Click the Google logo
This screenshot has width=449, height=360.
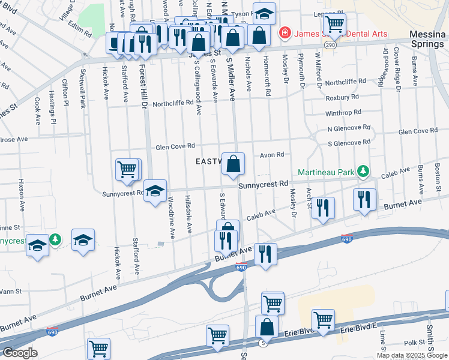19,353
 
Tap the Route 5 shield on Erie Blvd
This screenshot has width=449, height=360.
262,342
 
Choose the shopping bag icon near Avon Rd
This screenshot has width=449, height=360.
233,163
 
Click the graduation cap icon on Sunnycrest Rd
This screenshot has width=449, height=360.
155,191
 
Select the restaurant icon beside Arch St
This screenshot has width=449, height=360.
323,208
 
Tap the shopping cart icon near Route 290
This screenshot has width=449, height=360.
334,25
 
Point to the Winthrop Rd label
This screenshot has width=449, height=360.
343,112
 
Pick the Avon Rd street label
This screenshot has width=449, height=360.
271,154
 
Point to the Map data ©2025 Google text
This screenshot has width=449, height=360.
412,355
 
